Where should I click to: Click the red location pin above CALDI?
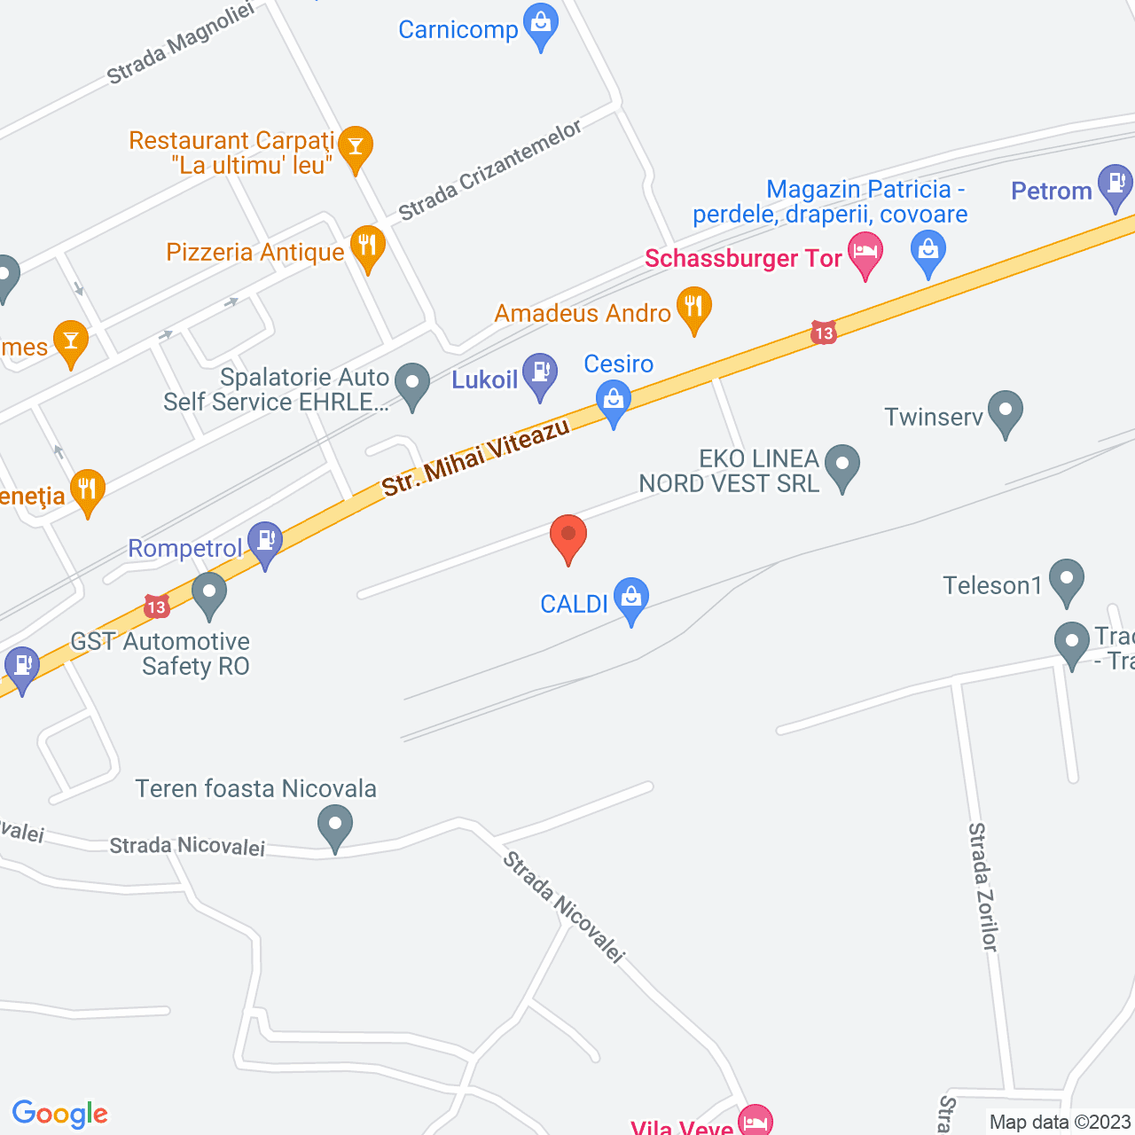[x=568, y=536]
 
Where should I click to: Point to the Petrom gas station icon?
[x=1115, y=184]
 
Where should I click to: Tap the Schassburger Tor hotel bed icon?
[x=865, y=253]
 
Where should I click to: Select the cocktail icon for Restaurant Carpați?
[x=355, y=146]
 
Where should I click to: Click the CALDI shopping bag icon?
[x=630, y=599]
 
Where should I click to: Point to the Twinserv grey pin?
[x=1005, y=411]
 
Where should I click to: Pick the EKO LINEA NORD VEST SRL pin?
[x=841, y=465]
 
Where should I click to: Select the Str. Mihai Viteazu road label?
[x=475, y=458]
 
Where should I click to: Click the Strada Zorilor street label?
[x=982, y=887]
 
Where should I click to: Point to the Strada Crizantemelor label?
[x=489, y=170]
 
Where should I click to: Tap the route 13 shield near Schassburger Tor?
[x=824, y=333]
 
